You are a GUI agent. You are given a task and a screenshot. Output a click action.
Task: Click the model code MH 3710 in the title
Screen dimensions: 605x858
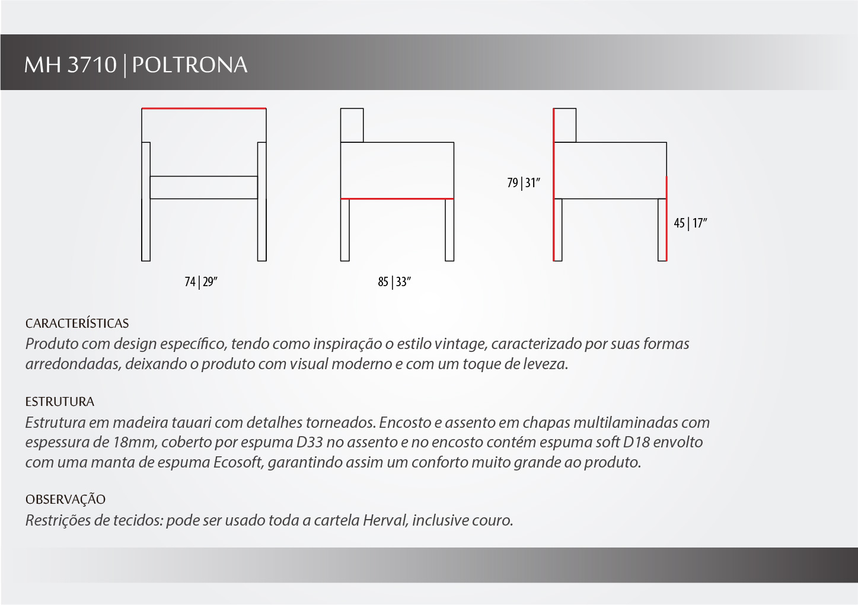coord(70,65)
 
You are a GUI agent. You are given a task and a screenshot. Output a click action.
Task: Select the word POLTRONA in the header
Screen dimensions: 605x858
coord(190,65)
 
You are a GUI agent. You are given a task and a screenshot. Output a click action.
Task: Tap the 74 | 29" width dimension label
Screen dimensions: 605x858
coord(201,281)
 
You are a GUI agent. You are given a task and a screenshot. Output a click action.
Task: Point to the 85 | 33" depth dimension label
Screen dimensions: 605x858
coord(394,281)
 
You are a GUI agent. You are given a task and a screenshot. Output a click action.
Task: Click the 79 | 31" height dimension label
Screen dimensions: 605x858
coord(524,183)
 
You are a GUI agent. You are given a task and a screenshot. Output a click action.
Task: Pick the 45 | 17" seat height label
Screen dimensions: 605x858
coord(691,223)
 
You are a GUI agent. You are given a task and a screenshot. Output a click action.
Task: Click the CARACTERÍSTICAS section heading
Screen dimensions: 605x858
coord(77,324)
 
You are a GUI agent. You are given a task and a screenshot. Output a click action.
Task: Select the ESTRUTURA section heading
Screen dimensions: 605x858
coord(60,402)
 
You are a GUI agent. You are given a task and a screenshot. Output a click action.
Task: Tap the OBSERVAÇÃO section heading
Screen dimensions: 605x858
coord(65,500)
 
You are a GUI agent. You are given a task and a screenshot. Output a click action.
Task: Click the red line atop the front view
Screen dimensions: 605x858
coord(203,108)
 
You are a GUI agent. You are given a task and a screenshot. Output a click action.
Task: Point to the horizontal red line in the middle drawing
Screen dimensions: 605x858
coord(397,199)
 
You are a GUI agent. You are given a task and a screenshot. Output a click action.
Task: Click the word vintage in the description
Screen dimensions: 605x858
coord(461,344)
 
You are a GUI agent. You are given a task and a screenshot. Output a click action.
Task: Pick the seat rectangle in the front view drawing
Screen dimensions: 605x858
coord(203,187)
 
